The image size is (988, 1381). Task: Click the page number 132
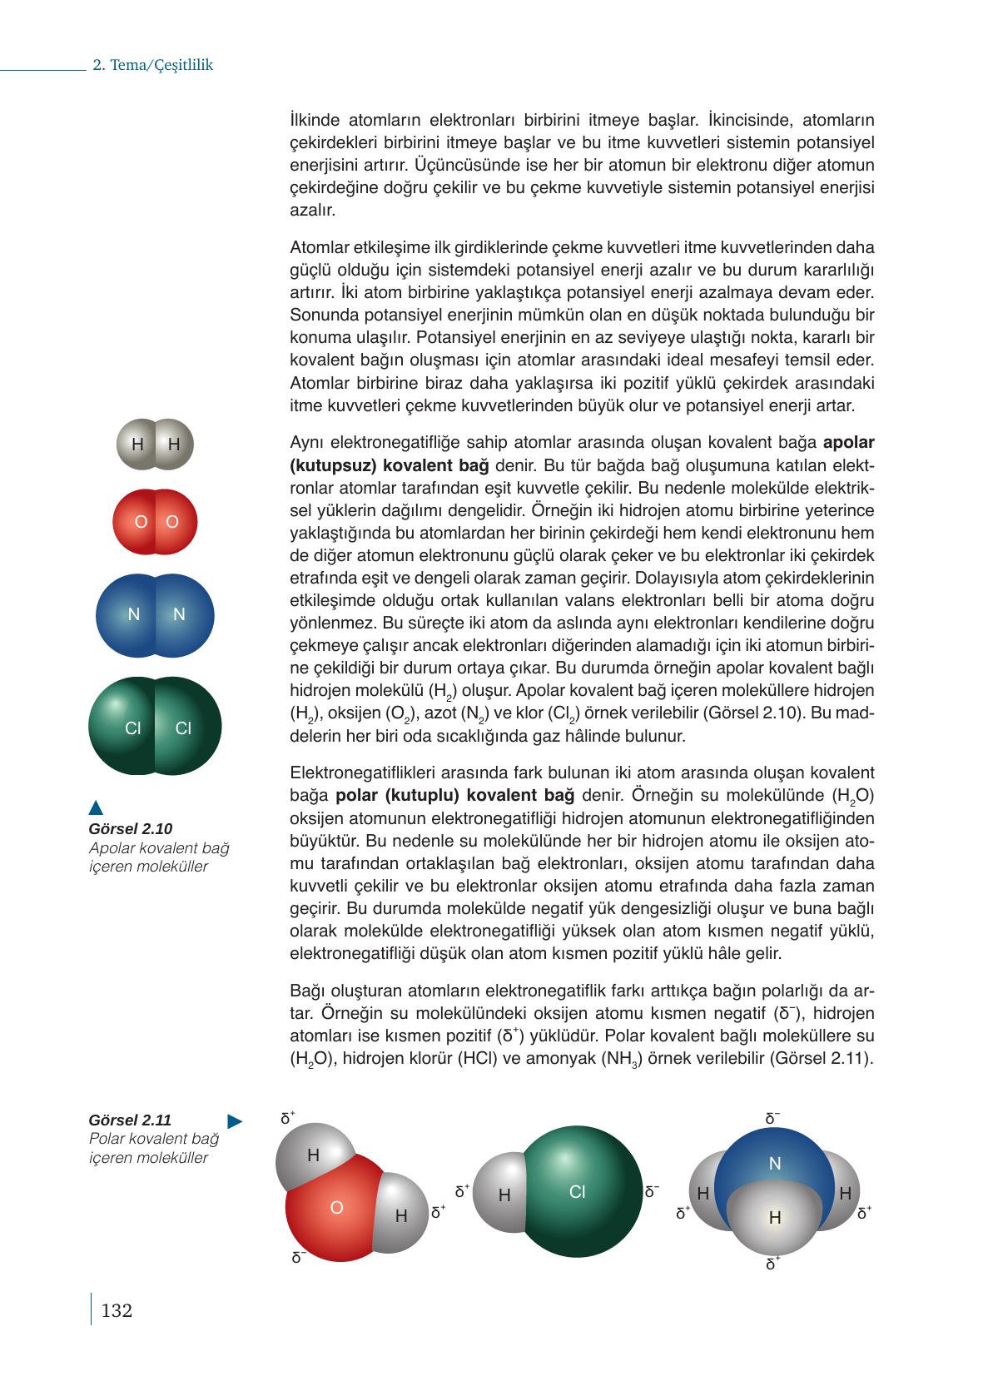[117, 1311]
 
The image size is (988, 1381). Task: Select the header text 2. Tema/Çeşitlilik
[152, 65]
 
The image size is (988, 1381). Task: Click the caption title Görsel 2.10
[130, 828]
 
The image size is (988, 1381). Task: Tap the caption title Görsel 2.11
[130, 1120]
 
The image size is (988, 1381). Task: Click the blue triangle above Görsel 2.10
[96, 807]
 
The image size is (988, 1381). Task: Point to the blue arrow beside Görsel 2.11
[235, 1121]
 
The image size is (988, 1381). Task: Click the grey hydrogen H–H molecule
[156, 445]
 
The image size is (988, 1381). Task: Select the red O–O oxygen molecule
[156, 522]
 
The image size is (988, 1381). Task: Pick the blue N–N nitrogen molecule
[156, 615]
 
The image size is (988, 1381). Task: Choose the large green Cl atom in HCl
[583, 1192]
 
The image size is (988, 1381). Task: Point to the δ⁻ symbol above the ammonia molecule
[772, 1118]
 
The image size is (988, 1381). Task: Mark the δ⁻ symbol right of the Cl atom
[652, 1192]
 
